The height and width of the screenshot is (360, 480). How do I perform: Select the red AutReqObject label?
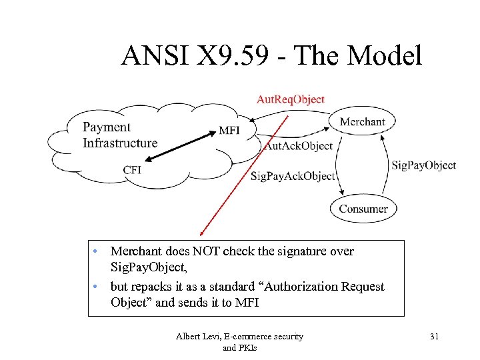[x=291, y=99]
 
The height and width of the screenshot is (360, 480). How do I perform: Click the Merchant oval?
[x=362, y=121]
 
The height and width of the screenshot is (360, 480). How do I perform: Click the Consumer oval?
[x=363, y=209]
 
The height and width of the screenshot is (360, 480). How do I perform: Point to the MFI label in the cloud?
[x=229, y=131]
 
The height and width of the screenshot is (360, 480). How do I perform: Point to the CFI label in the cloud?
[x=132, y=170]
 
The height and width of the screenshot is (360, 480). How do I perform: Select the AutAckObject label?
[x=298, y=146]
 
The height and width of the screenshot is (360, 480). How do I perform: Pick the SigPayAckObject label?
[x=293, y=176]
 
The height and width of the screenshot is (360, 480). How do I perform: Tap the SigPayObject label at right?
[x=423, y=165]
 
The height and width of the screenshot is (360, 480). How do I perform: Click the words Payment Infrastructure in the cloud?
[x=119, y=135]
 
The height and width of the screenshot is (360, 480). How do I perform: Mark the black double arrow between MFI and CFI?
[x=180, y=146]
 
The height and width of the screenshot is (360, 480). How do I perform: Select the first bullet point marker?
[x=97, y=251]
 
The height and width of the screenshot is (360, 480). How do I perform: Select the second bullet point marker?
[x=97, y=287]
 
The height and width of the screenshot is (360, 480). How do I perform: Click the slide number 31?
[x=435, y=337]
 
